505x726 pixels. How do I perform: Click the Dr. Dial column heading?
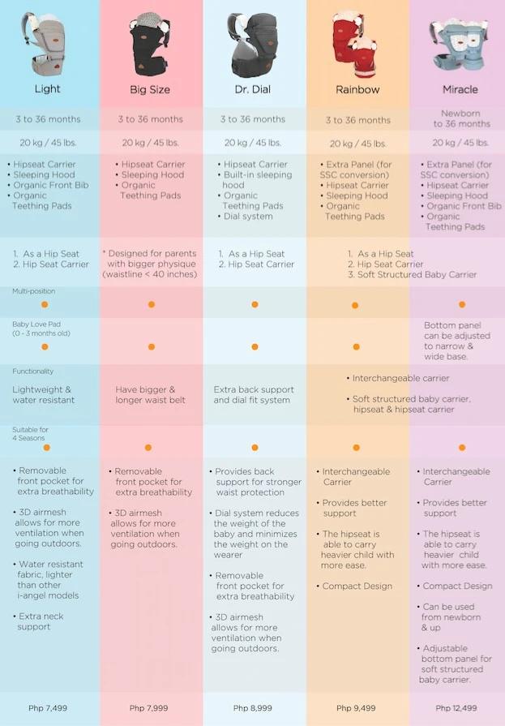click(x=253, y=89)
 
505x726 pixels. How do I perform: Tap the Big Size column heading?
click(x=150, y=90)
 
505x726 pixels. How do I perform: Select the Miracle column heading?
click(x=460, y=89)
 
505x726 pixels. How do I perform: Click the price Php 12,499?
click(x=457, y=708)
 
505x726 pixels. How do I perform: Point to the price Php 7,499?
click(x=48, y=708)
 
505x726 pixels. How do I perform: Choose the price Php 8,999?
click(x=253, y=708)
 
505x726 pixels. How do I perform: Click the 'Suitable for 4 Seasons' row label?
click(x=31, y=434)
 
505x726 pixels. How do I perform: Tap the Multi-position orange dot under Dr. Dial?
click(x=255, y=305)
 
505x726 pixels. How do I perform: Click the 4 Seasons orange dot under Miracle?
click(x=462, y=448)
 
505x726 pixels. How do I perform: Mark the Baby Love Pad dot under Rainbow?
click(x=356, y=347)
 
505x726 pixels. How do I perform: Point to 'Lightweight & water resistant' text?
click(x=43, y=394)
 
